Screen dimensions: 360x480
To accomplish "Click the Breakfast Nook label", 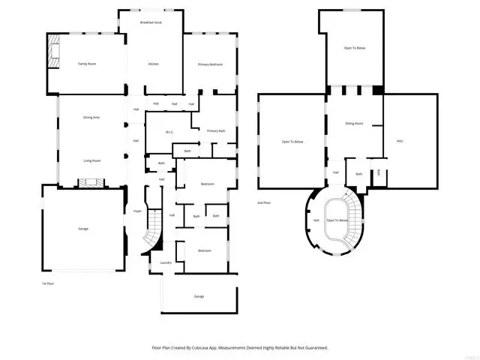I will pyautogui.click(x=153, y=23).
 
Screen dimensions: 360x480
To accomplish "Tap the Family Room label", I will pyautogui.click(x=87, y=64).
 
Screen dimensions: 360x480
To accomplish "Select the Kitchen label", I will pyautogui.click(x=153, y=64).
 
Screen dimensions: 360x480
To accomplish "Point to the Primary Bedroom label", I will pyautogui.click(x=211, y=64).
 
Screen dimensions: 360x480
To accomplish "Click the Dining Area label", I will pyautogui.click(x=91, y=118).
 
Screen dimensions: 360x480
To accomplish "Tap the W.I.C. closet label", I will pyautogui.click(x=169, y=133).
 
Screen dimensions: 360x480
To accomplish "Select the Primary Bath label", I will pyautogui.click(x=217, y=131).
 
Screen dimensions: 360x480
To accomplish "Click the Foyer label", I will pyautogui.click(x=137, y=211).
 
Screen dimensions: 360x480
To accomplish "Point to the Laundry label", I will pyautogui.click(x=166, y=262).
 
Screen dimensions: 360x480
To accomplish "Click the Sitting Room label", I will pyautogui.click(x=354, y=122).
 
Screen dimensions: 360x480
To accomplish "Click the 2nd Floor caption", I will pyautogui.click(x=264, y=203).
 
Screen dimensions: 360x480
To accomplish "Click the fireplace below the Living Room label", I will pyautogui.click(x=92, y=182).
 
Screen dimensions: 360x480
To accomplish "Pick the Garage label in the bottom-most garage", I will pyautogui.click(x=199, y=296).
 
